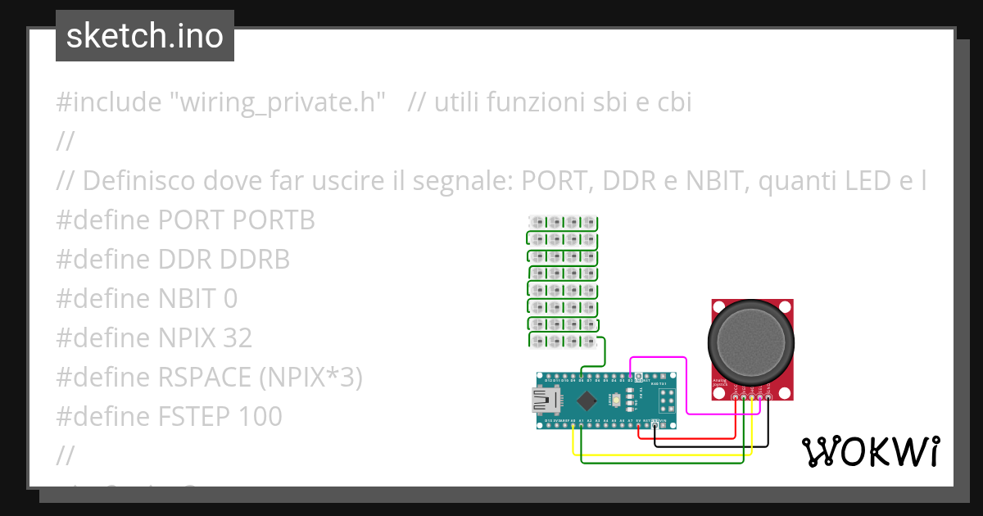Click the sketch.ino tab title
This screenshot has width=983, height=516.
click(145, 36)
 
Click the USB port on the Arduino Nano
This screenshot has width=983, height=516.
click(543, 401)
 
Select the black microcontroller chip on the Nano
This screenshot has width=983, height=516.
click(587, 401)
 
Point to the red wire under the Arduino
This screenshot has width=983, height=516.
click(696, 437)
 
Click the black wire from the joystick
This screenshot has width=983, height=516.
click(713, 446)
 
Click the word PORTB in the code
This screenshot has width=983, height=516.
click(274, 220)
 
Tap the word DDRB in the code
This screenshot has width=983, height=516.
click(255, 260)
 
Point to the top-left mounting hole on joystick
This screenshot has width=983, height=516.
click(716, 307)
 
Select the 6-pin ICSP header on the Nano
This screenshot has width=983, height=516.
click(667, 401)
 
